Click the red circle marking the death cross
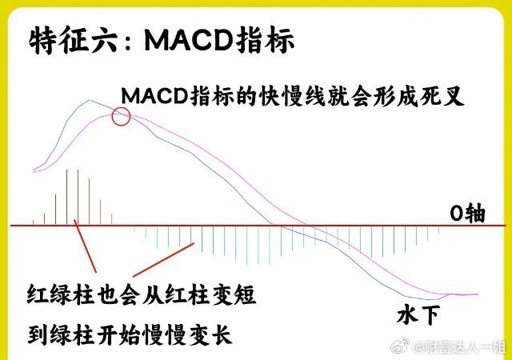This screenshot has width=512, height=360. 112,117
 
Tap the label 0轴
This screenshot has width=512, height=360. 467,214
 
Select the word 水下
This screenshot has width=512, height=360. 418,315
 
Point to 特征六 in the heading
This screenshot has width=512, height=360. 73,41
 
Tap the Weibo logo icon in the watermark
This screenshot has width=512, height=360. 400,346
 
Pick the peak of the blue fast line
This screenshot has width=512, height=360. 89,100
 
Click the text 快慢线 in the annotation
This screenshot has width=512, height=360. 292,96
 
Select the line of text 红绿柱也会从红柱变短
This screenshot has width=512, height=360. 142,295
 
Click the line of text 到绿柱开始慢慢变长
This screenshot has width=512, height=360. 130,334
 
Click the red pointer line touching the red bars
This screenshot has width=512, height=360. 86,246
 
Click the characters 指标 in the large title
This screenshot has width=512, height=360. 265,41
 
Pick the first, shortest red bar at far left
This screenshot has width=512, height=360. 34,222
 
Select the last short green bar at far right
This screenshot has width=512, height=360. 438,230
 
